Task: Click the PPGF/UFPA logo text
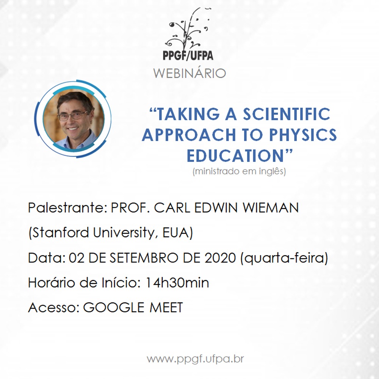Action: pyautogui.click(x=188, y=55)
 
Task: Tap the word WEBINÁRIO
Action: pyautogui.click(x=189, y=73)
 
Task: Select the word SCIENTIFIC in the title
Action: pyautogui.click(x=287, y=114)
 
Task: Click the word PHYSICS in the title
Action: pyautogui.click(x=303, y=135)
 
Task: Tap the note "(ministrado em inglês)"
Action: pyautogui.click(x=239, y=171)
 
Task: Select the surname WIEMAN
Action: pyautogui.click(x=271, y=208)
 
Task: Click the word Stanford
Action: pyautogui.click(x=60, y=233)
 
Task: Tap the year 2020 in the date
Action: pyautogui.click(x=220, y=258)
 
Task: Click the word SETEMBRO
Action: pyautogui.click(x=144, y=258)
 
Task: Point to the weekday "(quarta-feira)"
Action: pyautogui.click(x=284, y=258)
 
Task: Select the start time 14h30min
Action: pyautogui.click(x=177, y=283)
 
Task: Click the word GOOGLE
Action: pyautogui.click(x=114, y=308)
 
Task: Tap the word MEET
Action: pyautogui.click(x=166, y=308)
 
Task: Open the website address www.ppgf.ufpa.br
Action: pyautogui.click(x=195, y=359)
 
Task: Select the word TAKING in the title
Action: pyautogui.click(x=188, y=114)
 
